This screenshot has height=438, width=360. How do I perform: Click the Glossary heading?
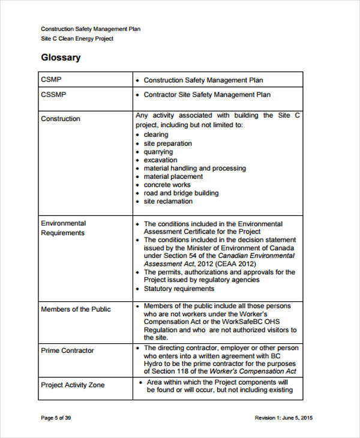pyautogui.click(x=61, y=58)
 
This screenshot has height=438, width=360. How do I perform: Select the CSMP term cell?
pyautogui.click(x=51, y=80)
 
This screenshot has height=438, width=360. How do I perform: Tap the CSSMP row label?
pyautogui.click(x=53, y=94)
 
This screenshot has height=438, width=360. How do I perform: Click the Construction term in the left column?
pyautogui.click(x=60, y=119)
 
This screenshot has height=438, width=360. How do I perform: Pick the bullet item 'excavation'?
pyautogui.click(x=160, y=160)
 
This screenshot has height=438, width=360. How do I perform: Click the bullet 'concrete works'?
pyautogui.click(x=168, y=185)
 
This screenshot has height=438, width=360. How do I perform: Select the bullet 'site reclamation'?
pyautogui.click(x=168, y=202)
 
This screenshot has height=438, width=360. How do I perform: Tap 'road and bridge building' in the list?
pyautogui.click(x=181, y=193)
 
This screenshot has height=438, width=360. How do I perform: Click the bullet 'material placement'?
pyautogui.click(x=173, y=177)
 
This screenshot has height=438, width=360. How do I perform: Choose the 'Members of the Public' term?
pyautogui.click(x=76, y=310)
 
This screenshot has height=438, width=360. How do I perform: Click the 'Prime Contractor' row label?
pyautogui.click(x=67, y=350)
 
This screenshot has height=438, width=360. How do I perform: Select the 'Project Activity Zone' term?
pyautogui.click(x=73, y=385)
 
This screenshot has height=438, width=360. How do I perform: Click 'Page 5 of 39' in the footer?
pyautogui.click(x=56, y=418)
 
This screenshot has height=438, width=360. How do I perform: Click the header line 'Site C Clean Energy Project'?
pyautogui.click(x=77, y=39)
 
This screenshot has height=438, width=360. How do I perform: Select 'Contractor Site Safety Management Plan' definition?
pyautogui.click(x=207, y=94)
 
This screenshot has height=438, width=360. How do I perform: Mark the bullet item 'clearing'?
pyautogui.click(x=156, y=135)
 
